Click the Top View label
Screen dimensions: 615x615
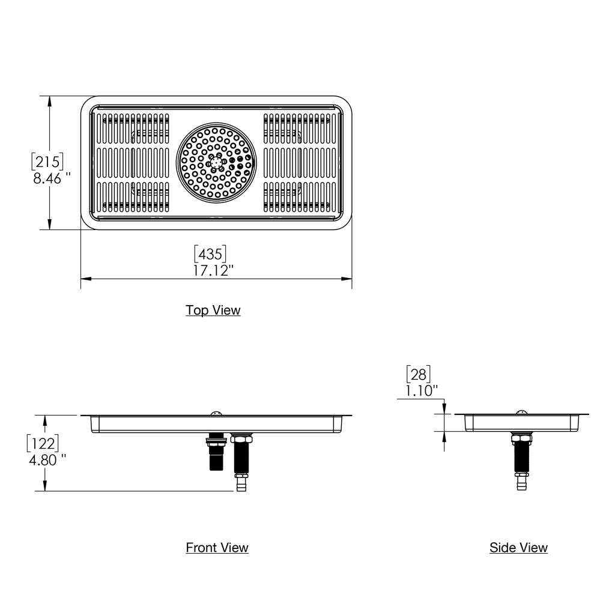213,310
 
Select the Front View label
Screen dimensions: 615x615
217,547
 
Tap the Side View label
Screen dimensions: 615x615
518,547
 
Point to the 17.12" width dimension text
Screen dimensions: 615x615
213,270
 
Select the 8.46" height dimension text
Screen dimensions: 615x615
52,178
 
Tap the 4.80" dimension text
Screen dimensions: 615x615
47,460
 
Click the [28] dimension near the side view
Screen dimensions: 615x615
419,374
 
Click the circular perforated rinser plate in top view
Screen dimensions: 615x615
216,162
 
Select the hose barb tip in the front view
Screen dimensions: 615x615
241,484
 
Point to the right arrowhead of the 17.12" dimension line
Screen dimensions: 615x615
347,279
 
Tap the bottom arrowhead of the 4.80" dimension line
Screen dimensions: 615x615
46,487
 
